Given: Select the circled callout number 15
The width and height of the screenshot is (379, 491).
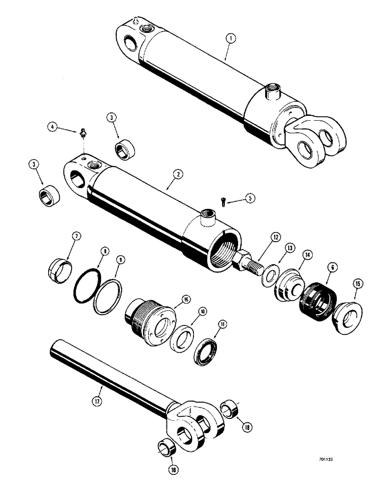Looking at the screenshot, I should (x=357, y=283).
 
